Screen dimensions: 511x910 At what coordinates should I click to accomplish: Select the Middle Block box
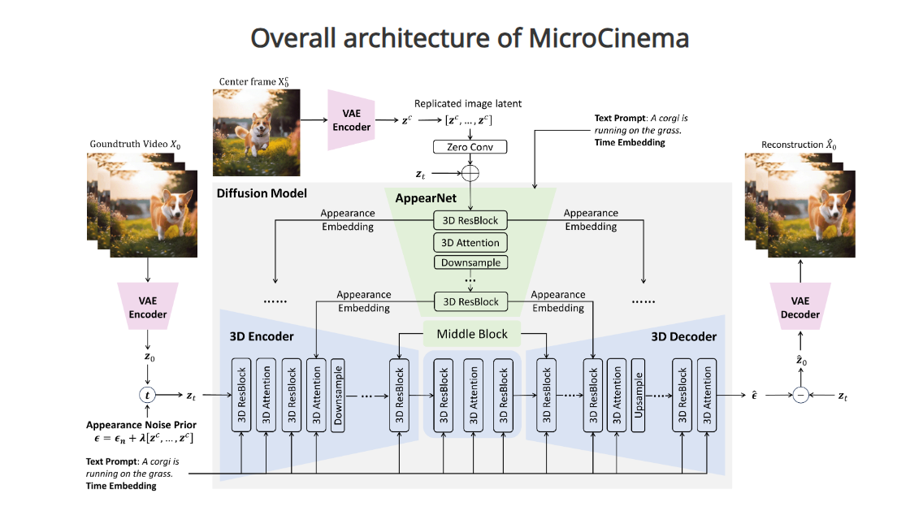[x=472, y=334]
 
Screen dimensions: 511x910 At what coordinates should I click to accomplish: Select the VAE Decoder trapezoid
[x=801, y=308]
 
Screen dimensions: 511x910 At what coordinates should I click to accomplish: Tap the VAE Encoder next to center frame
[x=351, y=120]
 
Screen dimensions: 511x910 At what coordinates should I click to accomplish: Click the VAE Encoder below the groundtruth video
[x=147, y=308]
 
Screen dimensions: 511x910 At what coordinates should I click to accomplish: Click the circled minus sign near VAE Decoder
[x=801, y=396]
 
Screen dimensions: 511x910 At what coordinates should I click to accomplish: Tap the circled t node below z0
[x=147, y=396]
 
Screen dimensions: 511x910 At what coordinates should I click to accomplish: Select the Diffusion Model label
[x=261, y=193]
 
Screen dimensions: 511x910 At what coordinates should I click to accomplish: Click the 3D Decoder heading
[x=683, y=336]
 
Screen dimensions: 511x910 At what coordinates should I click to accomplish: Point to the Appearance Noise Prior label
[x=141, y=425]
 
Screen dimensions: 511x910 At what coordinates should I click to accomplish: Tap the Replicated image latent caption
[x=468, y=104]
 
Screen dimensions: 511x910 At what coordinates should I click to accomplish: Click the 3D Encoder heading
[x=261, y=336]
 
